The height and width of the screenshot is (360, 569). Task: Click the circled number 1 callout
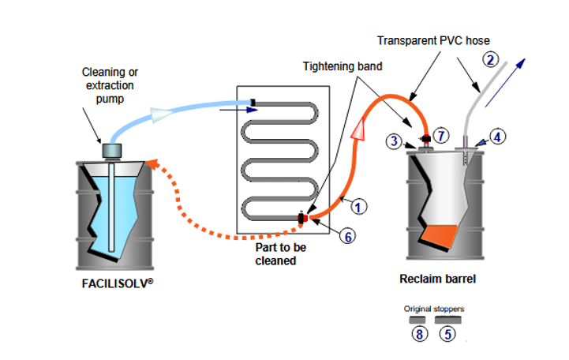coord(357,208)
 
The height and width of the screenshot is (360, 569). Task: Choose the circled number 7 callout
coord(441,136)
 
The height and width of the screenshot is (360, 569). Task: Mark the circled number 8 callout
coord(418,334)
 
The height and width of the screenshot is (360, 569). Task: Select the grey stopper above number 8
coord(417,321)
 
